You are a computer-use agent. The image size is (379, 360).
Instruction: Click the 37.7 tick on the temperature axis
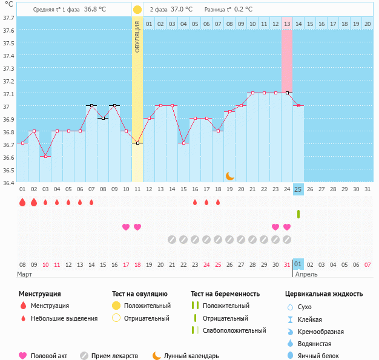pos(8,18)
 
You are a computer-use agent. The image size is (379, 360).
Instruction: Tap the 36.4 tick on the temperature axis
pos(8,182)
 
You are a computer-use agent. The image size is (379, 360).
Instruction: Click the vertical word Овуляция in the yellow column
pos(137,37)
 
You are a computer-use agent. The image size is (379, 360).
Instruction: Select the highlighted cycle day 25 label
pos(298,189)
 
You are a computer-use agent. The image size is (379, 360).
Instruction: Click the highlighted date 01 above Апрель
pos(298,264)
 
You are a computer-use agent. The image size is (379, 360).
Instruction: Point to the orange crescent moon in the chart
pos(229,175)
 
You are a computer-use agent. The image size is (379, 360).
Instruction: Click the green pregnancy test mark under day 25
pos(298,214)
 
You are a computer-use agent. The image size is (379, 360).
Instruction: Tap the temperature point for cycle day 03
pos(45,156)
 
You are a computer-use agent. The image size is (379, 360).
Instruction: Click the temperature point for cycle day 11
pos(137,143)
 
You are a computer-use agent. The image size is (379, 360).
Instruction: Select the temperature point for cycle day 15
pos(183,143)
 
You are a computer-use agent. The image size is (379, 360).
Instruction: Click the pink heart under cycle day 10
pos(126,227)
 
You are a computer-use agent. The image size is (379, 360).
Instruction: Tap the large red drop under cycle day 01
pos(22,202)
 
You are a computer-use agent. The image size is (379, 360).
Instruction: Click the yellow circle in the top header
pos(137,10)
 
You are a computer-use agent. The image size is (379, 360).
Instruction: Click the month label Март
pos(25,274)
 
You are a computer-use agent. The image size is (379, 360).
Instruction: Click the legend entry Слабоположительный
pos(234,330)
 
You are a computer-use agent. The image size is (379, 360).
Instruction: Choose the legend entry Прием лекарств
pos(114,356)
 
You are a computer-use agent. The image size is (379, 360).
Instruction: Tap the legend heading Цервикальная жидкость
pos(324,293)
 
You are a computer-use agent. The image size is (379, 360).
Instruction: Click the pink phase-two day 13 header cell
pos(287,24)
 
